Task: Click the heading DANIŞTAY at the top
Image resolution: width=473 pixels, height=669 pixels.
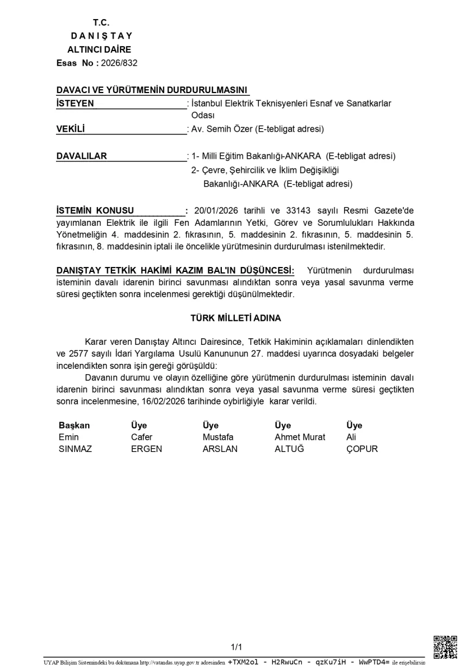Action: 102,36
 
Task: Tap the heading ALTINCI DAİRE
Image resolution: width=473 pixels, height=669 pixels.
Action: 99,49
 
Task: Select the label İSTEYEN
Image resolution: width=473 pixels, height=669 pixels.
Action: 75,103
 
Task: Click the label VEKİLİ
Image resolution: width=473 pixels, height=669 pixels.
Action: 71,129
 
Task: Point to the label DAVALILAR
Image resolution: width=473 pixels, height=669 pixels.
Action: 82,156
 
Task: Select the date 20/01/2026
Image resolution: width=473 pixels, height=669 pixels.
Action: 216,210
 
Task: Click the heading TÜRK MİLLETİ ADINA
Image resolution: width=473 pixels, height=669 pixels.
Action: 235,318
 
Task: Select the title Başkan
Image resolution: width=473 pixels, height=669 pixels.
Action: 74,425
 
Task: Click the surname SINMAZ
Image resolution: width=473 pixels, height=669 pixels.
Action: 75,449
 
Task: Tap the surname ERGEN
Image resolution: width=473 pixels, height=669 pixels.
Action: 146,449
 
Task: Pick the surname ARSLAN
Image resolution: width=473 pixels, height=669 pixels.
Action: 220,449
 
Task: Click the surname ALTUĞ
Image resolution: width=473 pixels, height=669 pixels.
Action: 289,449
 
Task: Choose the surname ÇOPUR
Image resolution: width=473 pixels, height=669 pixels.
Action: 362,449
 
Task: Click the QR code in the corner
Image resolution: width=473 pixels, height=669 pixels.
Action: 445,647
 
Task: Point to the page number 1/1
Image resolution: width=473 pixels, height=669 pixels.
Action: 236,647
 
